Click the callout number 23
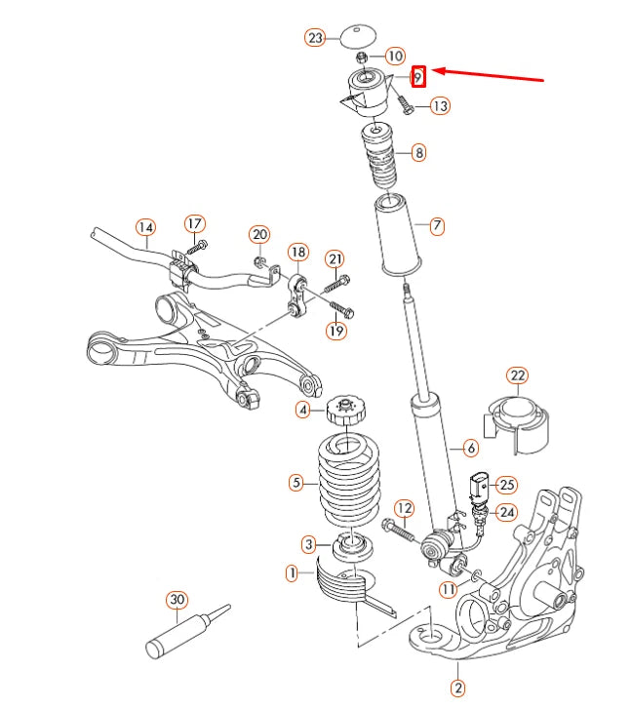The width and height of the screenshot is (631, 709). click(x=314, y=38)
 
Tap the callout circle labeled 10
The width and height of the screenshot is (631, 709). click(x=395, y=57)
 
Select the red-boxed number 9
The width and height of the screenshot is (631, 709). click(x=418, y=76)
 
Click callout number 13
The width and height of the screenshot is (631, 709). click(x=440, y=105)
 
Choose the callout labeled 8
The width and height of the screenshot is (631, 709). click(x=417, y=152)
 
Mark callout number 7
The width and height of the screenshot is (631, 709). click(x=436, y=226)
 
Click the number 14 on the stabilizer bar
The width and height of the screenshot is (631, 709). click(x=145, y=228)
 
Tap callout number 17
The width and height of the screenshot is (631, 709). click(x=193, y=222)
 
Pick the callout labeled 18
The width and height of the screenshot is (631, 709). click(x=297, y=253)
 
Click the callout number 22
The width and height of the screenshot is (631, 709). click(x=517, y=375)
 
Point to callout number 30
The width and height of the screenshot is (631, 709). click(x=176, y=599)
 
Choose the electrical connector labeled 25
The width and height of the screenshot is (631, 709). click(x=481, y=486)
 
